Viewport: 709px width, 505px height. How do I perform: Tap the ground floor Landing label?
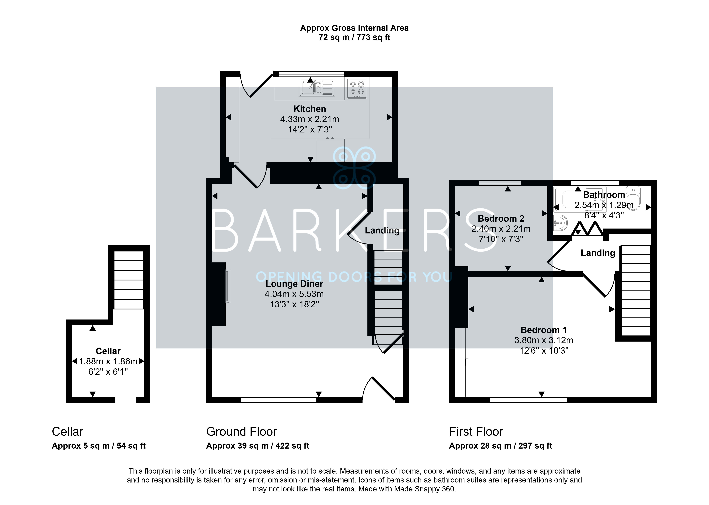click(382, 230)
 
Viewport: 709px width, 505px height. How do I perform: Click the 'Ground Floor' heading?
click(242, 432)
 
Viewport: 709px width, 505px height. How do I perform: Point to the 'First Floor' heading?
click(476, 432)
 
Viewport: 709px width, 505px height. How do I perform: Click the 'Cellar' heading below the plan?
click(68, 432)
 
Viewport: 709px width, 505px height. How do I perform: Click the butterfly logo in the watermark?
click(354, 168)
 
